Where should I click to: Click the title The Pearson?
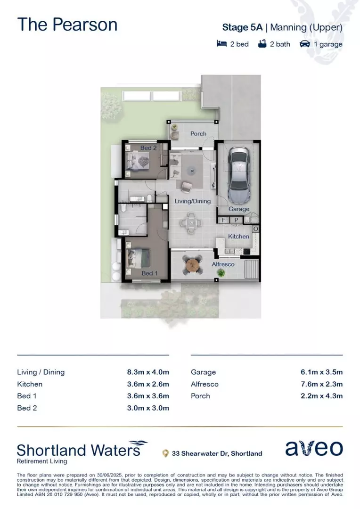click(67, 25)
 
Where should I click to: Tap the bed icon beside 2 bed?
click(222, 44)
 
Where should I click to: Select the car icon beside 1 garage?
click(305, 44)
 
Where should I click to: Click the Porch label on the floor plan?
click(198, 134)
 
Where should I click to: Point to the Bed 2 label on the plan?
click(148, 148)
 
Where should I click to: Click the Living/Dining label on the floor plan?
click(193, 201)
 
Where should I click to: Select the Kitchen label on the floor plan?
click(239, 236)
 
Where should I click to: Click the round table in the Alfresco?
click(193, 265)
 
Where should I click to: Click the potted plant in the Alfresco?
click(228, 273)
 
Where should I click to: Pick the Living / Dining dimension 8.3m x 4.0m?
click(148, 372)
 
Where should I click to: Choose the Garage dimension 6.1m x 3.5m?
click(321, 372)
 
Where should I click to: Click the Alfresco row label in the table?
click(205, 384)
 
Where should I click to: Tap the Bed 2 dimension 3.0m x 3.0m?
click(148, 408)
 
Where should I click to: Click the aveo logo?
click(314, 449)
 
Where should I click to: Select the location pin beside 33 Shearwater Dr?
click(165, 454)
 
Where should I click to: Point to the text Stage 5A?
click(243, 27)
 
